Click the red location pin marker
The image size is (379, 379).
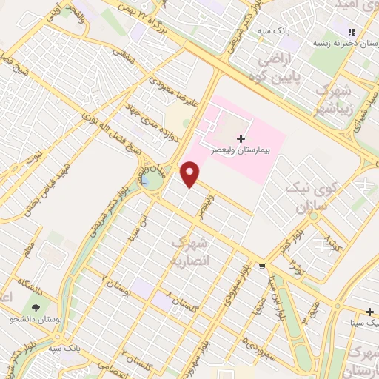tap(191, 174)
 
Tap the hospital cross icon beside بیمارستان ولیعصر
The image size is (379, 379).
tap(240, 138)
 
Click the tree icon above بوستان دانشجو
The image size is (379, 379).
tap(35, 308)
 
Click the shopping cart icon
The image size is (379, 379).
tap(263, 266)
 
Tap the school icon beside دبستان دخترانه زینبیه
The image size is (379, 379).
tap(352, 32)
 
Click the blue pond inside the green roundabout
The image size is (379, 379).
tap(147, 180)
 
